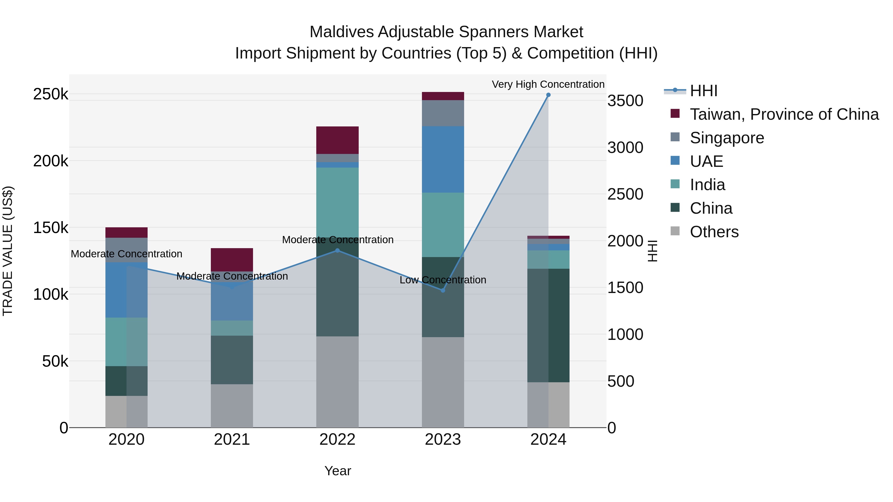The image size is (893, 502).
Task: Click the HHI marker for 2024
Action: [x=548, y=95]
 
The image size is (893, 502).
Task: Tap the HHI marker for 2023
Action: [x=443, y=290]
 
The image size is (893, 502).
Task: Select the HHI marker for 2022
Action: [x=337, y=250]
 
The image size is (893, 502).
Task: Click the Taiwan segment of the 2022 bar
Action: [x=337, y=140]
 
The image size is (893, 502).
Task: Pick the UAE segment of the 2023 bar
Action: [x=443, y=159]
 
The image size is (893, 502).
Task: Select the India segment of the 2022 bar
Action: [x=337, y=202]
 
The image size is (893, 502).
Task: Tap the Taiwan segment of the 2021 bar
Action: [x=232, y=260]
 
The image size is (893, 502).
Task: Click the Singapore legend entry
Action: [x=727, y=138]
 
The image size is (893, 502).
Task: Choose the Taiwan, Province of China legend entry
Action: [x=784, y=114]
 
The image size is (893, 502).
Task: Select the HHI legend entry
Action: [x=703, y=91]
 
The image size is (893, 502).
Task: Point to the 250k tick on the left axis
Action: [x=51, y=94]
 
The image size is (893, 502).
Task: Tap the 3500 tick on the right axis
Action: [x=625, y=101]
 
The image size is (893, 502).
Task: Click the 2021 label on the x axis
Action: [x=232, y=440]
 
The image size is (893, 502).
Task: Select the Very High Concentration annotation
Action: [x=548, y=84]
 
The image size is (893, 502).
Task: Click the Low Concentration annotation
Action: [x=443, y=280]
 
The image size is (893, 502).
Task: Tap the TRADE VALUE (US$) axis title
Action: [x=8, y=251]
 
